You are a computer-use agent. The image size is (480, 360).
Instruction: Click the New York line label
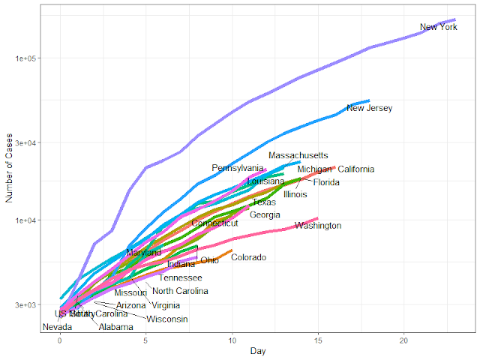point(438,28)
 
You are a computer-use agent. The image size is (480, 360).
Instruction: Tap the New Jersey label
point(369,109)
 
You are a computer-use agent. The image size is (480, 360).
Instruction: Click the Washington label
point(318,226)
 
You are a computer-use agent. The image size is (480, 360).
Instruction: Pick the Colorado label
point(248,258)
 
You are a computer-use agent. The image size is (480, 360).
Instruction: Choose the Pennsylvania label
point(238,168)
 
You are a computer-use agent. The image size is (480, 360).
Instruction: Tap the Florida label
point(326,182)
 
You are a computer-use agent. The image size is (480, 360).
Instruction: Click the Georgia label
point(265,215)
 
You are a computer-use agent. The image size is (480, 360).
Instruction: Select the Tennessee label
point(180,277)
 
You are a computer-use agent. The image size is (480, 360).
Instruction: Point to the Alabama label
point(115,327)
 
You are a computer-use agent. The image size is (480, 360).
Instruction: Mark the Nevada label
point(58,327)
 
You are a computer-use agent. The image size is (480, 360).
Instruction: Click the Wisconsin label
point(166,319)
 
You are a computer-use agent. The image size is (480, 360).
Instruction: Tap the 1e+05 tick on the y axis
point(25,58)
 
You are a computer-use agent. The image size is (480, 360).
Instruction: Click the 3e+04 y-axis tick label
point(25,142)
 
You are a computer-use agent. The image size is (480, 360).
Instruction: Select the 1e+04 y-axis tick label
point(25,220)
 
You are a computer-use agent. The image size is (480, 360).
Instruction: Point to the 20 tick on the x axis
point(403,340)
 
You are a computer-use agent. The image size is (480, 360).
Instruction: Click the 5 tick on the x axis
point(146,340)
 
